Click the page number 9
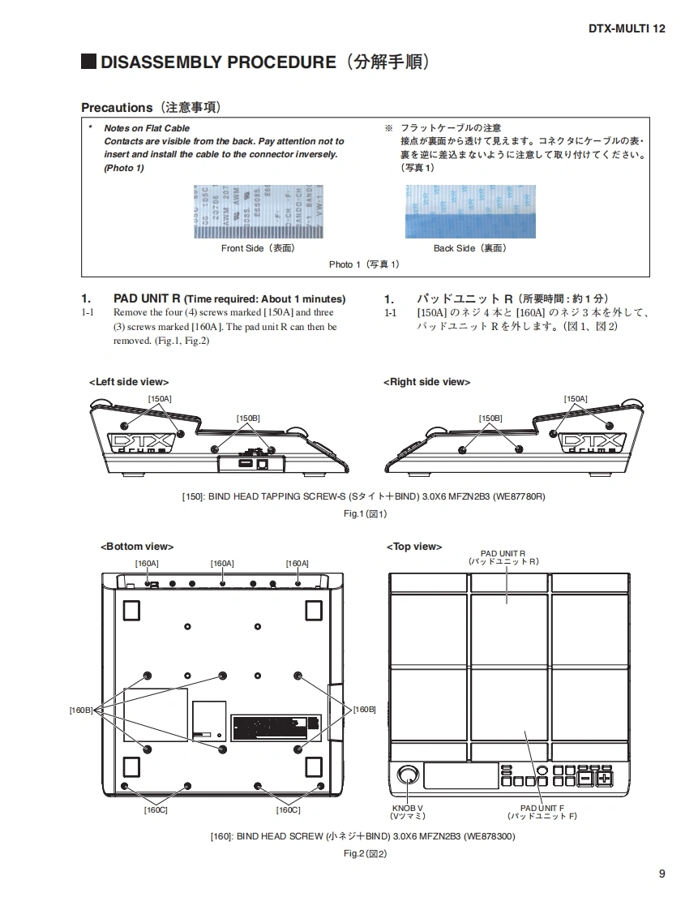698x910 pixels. [x=662, y=874]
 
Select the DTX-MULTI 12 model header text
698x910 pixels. [x=627, y=28]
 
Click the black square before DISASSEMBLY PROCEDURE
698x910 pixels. [x=88, y=62]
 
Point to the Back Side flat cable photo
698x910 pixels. [x=470, y=211]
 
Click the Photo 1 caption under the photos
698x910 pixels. [x=364, y=264]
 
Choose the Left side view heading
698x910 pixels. [x=129, y=382]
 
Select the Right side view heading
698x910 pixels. [x=426, y=382]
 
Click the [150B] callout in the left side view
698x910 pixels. [x=248, y=419]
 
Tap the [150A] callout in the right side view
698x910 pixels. [x=576, y=398]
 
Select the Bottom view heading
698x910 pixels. [x=137, y=547]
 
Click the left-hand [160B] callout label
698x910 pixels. [x=81, y=710]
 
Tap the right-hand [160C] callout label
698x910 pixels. [x=288, y=810]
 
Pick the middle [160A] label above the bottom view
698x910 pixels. [x=222, y=563]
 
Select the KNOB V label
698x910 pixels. [x=408, y=812]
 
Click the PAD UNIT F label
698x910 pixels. [x=542, y=812]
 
